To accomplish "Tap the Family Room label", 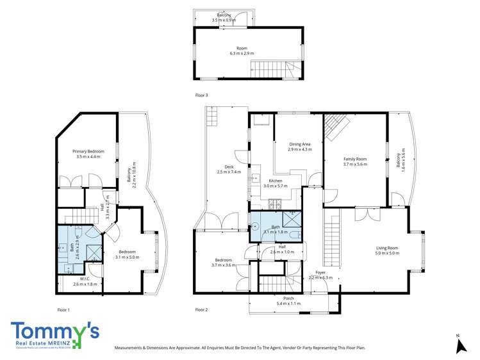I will [x=354, y=159].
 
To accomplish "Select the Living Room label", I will [x=387, y=248].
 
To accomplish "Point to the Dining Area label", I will [x=299, y=144].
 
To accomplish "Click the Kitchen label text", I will [x=276, y=181].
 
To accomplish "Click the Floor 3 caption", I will [x=201, y=95].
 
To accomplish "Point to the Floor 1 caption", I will [x=63, y=309].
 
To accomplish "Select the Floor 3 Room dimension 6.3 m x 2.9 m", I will [x=242, y=53].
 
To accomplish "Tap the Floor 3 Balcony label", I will [x=224, y=15].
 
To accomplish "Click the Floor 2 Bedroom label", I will [x=223, y=260].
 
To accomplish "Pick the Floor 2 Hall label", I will [x=282, y=247].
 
